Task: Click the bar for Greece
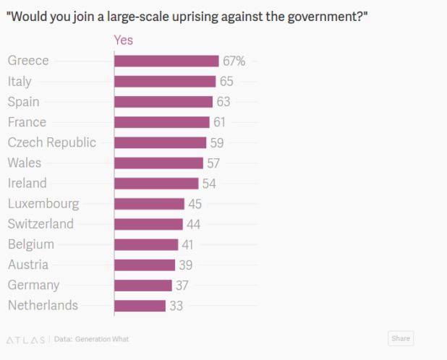click(166, 61)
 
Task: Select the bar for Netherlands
click(140, 306)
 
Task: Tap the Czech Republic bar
click(160, 142)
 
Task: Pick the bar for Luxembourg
click(149, 204)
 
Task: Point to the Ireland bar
click(156, 184)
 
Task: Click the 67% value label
click(234, 61)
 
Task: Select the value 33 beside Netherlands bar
click(176, 306)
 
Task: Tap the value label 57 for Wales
click(213, 163)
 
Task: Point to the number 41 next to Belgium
click(188, 245)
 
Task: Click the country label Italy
click(20, 82)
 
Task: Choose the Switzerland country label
click(41, 224)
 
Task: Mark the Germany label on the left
click(33, 286)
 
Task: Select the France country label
click(27, 122)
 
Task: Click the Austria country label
click(28, 265)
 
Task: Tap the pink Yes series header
click(124, 40)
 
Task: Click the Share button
click(400, 338)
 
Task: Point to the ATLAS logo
click(25, 339)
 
